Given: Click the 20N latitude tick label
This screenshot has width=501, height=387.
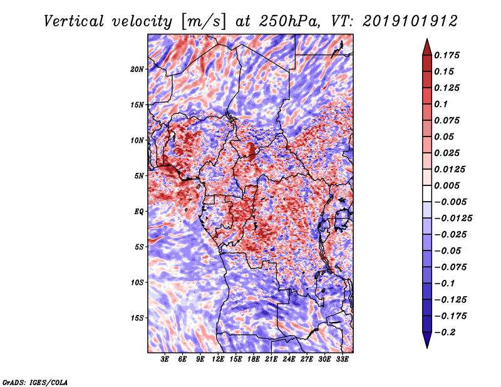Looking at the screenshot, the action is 137,70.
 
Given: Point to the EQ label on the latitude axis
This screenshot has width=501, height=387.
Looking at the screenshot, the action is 138,212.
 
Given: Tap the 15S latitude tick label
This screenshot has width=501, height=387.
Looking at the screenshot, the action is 137,318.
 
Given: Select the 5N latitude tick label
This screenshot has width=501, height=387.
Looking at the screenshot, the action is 139,176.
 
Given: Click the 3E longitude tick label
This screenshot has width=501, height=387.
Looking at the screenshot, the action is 165,359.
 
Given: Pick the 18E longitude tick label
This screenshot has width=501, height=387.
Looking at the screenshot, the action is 254,359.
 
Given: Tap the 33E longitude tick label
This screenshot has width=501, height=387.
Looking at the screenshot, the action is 342,359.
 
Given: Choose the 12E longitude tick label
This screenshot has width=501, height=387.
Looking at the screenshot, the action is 218,359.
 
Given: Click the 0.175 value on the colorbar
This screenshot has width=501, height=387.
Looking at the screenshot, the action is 447,55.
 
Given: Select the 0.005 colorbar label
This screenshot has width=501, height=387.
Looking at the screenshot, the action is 447,185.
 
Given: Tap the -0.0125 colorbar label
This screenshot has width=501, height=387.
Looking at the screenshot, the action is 453,219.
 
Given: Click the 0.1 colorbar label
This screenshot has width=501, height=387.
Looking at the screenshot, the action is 441,104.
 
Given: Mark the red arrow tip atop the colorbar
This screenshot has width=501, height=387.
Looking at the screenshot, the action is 427,39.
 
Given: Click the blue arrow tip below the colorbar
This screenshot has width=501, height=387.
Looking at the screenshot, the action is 427,348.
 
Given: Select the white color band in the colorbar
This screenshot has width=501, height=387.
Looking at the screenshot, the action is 427,194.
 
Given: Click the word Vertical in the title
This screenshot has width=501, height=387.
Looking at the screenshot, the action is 74,21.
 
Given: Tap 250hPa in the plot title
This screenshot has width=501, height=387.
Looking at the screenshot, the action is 289,21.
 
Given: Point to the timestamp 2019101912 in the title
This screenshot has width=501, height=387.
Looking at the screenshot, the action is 410,21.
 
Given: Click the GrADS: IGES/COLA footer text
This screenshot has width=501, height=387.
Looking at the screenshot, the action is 35,383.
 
